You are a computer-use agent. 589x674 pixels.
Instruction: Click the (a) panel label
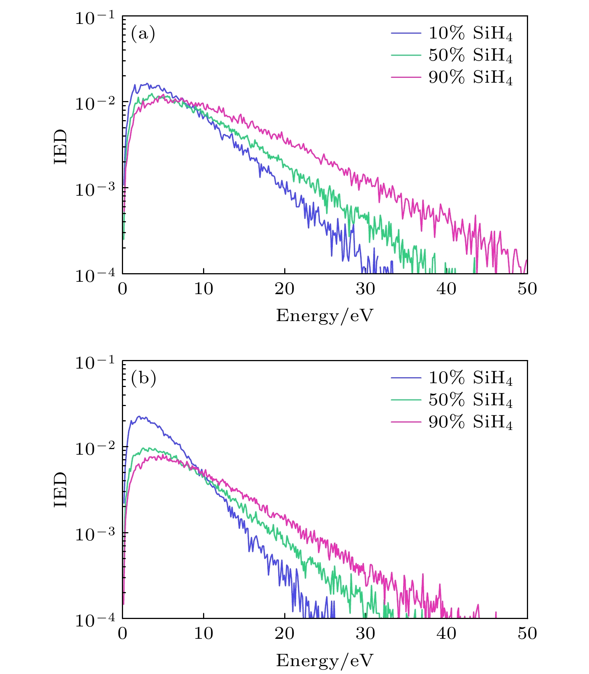tap(143, 34)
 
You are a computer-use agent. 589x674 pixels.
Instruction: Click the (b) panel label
tap(143, 378)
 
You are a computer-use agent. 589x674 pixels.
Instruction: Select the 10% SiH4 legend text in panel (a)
tap(470, 34)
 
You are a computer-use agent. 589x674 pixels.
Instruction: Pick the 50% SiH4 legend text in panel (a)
tap(470, 56)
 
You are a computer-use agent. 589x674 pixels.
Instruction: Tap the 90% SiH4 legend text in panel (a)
tap(470, 78)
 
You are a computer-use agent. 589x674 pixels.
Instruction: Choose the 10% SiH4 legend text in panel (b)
tap(470, 378)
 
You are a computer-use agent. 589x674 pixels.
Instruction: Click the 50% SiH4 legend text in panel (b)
tap(470, 400)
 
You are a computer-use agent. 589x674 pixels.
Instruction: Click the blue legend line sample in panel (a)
tap(406, 33)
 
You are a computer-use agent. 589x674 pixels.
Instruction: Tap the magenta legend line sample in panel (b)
tap(406, 422)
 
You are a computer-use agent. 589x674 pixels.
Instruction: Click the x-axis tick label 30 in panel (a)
tap(365, 289)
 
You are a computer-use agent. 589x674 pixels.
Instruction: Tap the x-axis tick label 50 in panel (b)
tap(527, 634)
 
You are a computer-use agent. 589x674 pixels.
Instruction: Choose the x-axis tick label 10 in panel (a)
tap(203, 289)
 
